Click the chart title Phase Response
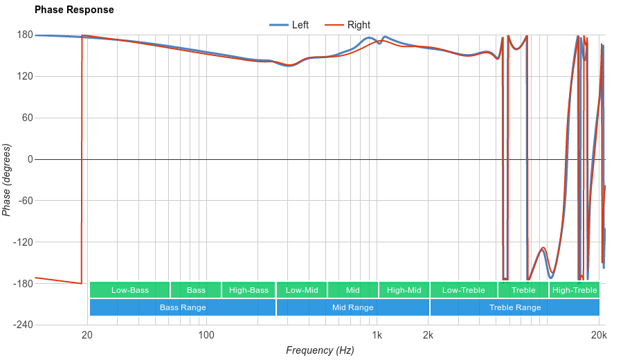(x=74, y=10)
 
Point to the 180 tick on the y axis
(x=25, y=35)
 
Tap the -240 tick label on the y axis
(x=23, y=325)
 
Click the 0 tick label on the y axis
(x=30, y=159)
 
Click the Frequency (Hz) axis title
(x=320, y=350)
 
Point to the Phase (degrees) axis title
(x=7, y=180)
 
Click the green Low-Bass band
(x=129, y=290)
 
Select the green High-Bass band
(x=249, y=290)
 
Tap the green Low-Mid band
(x=302, y=290)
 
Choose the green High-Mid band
(x=404, y=290)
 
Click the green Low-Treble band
(x=463, y=290)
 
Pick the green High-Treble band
(x=575, y=290)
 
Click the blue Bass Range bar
(x=183, y=307)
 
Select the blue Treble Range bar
(x=515, y=307)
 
